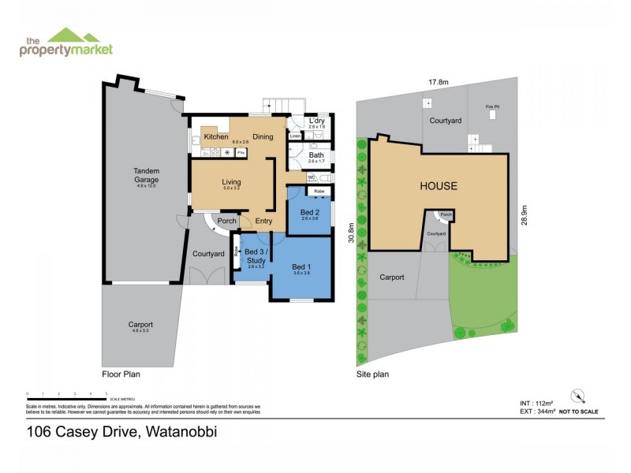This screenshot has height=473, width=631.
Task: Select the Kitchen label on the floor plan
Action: click(x=215, y=137)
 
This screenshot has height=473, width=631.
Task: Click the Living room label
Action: click(x=230, y=181)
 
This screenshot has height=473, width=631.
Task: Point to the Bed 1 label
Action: click(x=301, y=266)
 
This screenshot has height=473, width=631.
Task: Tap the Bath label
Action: click(x=316, y=155)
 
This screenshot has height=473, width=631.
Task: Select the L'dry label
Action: click(x=317, y=121)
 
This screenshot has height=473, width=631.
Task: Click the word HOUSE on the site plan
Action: click(x=439, y=187)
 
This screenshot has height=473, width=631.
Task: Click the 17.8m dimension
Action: click(x=439, y=82)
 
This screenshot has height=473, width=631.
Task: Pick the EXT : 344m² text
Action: click(x=527, y=412)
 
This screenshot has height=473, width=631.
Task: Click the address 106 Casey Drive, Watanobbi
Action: click(x=121, y=431)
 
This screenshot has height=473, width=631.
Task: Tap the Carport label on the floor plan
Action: click(x=141, y=325)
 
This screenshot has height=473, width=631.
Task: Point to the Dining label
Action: click(x=263, y=137)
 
